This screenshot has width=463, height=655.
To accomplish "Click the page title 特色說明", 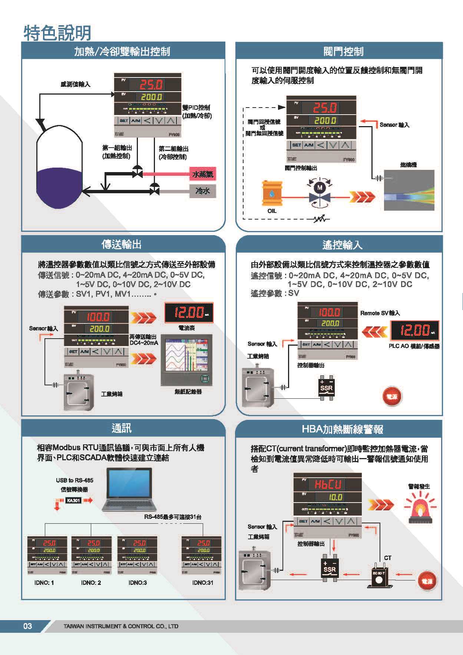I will tap(57, 33).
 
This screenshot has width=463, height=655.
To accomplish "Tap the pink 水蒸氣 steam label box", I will tap(202, 174).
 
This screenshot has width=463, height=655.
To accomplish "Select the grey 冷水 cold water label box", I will tap(202, 191).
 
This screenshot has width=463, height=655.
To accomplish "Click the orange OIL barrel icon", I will tap(272, 193).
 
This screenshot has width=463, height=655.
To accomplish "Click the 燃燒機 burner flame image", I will tap(409, 190).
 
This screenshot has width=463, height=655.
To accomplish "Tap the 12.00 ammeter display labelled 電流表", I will tap(189, 313).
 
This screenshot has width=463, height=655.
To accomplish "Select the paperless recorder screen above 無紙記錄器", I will tap(187, 360).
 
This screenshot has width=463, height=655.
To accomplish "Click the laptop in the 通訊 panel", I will tap(129, 489).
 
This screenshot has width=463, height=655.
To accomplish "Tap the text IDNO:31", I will tap(203, 583).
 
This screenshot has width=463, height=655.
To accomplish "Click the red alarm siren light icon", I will tap(420, 507).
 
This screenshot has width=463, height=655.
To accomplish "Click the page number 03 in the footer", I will tap(27, 626).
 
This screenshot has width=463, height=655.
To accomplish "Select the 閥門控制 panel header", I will tap(343, 51).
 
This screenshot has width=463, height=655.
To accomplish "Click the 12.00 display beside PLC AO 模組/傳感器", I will tap(414, 330).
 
